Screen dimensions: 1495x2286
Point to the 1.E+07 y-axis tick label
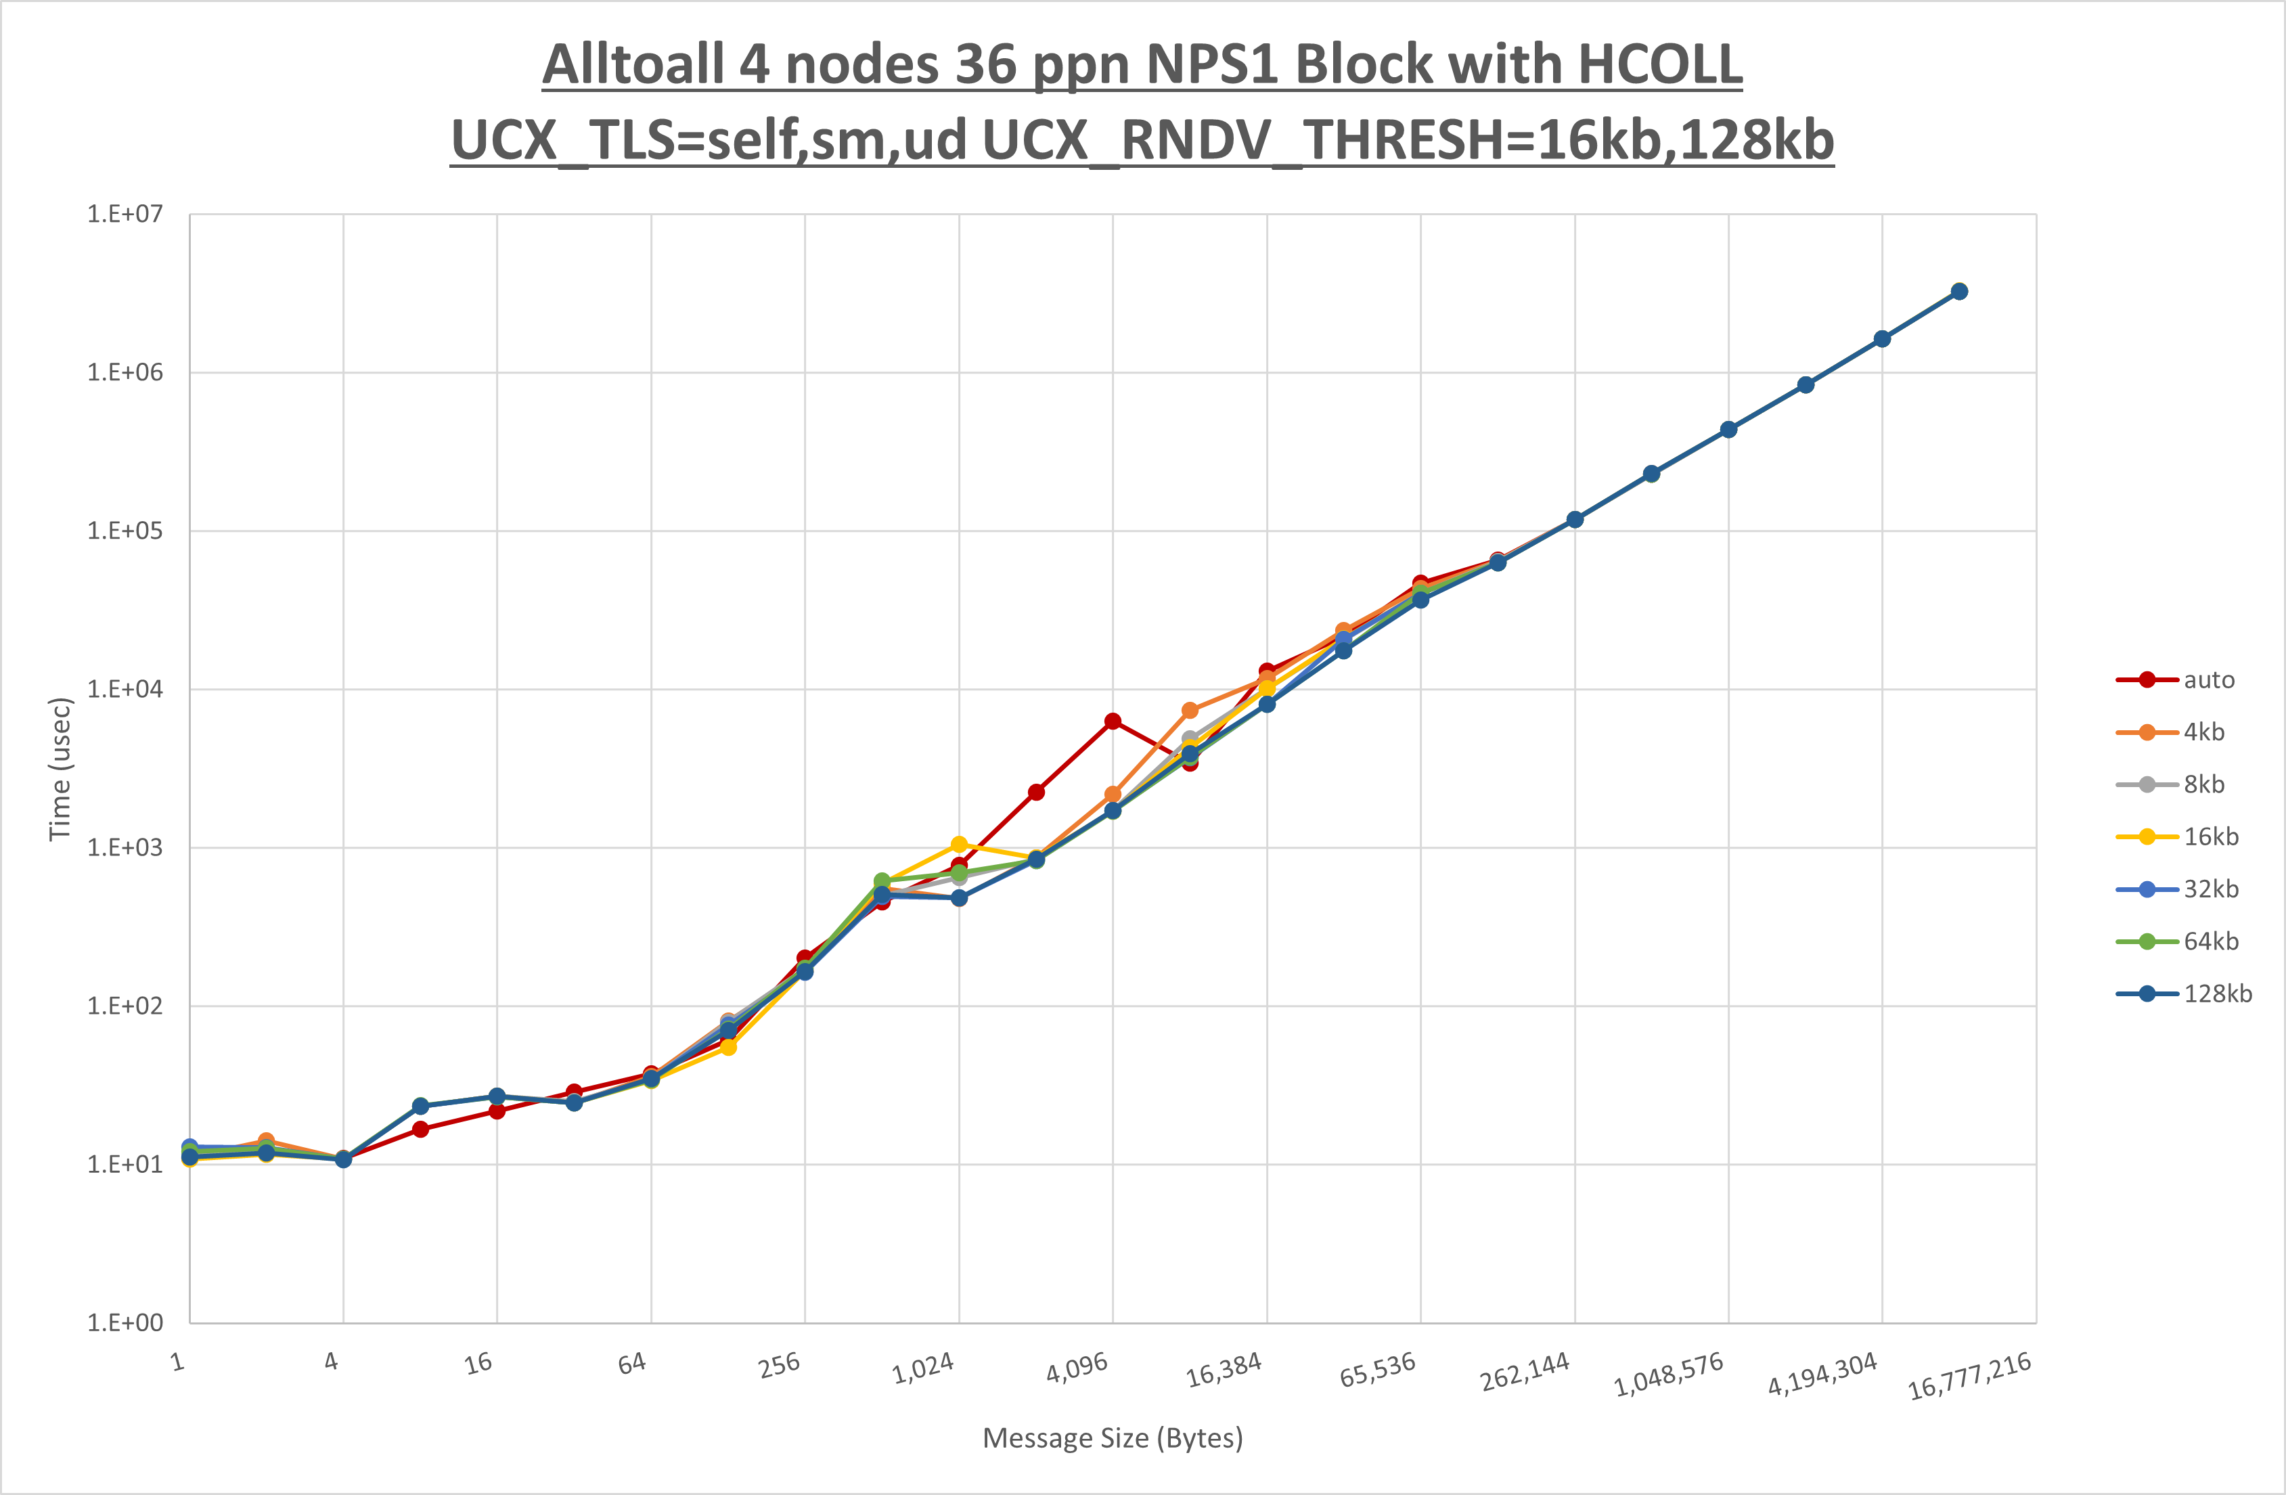pos(125,215)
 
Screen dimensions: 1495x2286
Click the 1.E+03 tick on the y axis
pos(125,847)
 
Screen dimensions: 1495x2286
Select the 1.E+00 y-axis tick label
pos(125,1323)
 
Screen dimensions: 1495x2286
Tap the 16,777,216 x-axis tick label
pos(1969,1376)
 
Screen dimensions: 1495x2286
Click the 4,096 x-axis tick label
pos(1077,1367)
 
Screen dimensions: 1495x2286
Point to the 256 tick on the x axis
pos(779,1364)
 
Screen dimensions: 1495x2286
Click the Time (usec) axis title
pos(60,769)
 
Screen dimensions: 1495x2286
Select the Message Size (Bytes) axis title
pos(1113,1438)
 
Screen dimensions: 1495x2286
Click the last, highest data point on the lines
pos(1959,291)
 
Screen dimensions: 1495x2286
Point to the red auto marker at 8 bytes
pos(421,1129)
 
